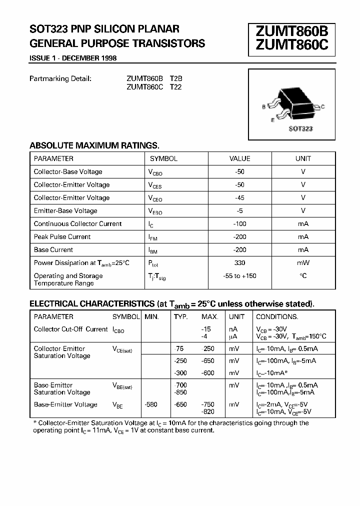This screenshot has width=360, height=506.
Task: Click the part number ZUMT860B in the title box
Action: (292, 31)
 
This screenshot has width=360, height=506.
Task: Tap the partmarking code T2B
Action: (176, 78)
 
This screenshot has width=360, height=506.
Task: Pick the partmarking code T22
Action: (176, 86)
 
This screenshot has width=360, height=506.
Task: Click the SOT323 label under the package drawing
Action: (300, 128)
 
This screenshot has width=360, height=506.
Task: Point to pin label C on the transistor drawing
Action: (323, 106)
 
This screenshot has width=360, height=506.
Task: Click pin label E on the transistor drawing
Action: (272, 120)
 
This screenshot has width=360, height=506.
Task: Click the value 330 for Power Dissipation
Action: (239, 262)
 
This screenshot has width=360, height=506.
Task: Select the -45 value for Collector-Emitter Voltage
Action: (239, 197)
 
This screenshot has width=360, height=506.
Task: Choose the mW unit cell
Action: (303, 262)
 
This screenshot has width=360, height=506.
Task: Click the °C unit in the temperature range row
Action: (303, 275)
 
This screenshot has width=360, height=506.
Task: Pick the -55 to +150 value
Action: (239, 275)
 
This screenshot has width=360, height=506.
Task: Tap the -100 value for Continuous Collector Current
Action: (239, 223)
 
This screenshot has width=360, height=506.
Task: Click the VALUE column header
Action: (239, 158)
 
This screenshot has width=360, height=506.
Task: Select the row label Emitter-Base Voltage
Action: (65, 210)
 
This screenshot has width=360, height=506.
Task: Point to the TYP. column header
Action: (180, 316)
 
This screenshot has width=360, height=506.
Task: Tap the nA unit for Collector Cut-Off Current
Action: (233, 329)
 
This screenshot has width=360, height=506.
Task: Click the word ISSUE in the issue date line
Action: (39, 58)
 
